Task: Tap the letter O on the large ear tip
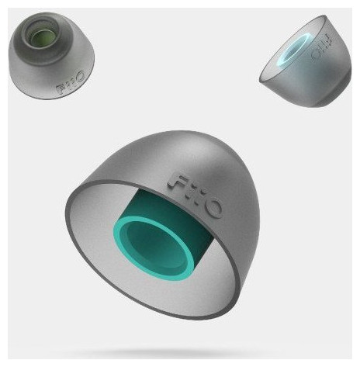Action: tap(211, 207)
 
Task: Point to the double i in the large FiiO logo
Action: tap(193, 192)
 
